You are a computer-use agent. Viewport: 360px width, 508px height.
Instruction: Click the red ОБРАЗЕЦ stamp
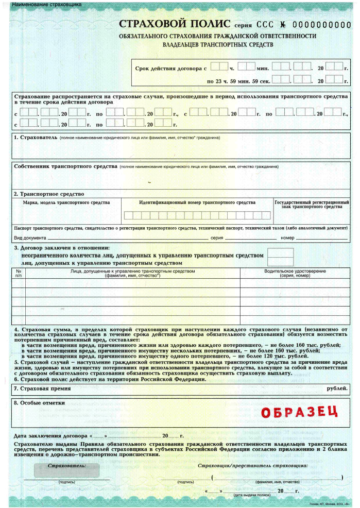[x=299, y=412]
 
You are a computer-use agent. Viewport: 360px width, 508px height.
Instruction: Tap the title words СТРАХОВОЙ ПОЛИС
[x=175, y=24]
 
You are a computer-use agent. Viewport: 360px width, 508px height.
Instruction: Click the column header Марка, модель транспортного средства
[x=66, y=203]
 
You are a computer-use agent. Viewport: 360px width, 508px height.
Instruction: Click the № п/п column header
[x=19, y=273]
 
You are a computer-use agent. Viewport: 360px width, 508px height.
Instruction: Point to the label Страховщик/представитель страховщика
[x=253, y=465]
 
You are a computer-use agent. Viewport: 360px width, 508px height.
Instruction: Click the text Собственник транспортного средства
[x=65, y=167]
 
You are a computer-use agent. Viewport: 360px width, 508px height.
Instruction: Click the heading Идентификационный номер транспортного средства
[x=197, y=203]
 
